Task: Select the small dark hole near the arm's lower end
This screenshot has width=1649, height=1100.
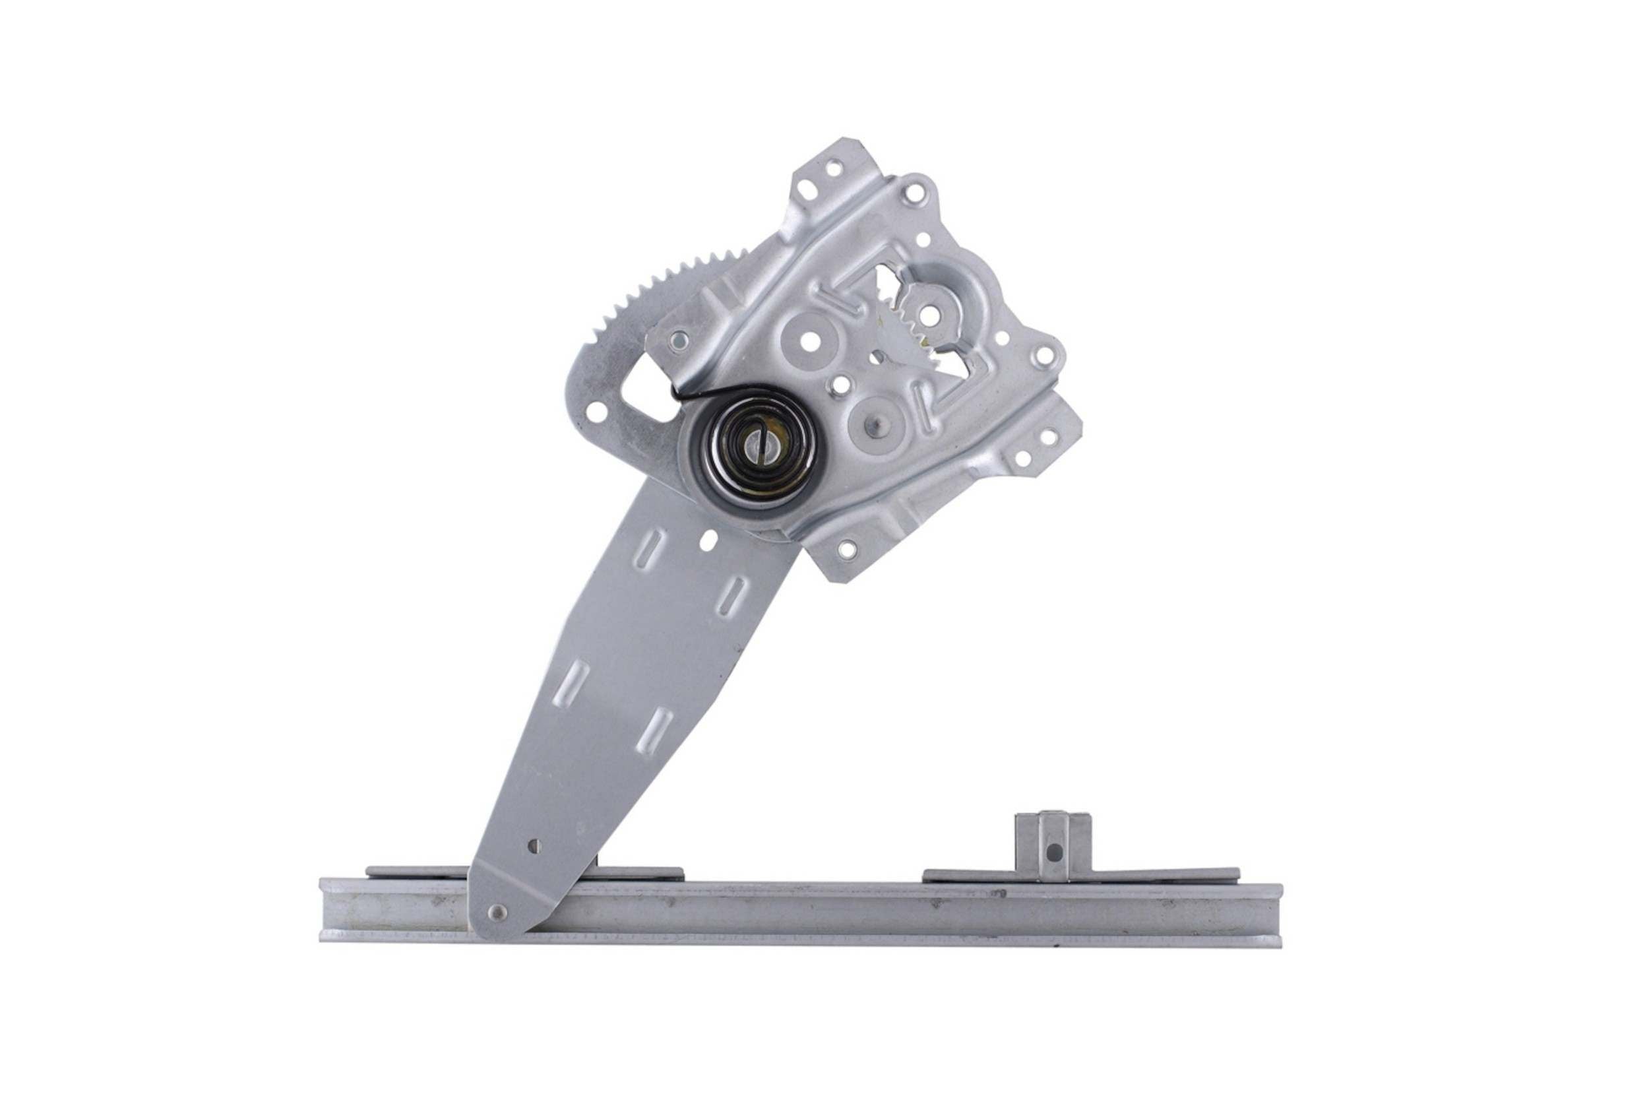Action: (x=535, y=846)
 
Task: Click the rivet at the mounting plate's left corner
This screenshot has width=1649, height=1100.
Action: (x=677, y=342)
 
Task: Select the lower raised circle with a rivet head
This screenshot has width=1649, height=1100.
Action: (x=876, y=424)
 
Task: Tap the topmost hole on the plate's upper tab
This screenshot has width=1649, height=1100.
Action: (x=834, y=168)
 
